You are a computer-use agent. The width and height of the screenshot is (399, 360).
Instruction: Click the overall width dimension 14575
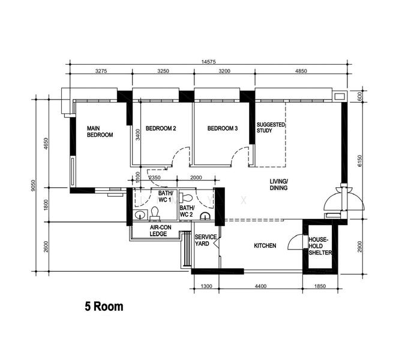pos(208,62)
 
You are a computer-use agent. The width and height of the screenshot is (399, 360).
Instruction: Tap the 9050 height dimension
pos(32,185)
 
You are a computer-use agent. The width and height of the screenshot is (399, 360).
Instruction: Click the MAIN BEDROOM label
pos(100,131)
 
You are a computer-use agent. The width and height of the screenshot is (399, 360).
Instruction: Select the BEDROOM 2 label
pos(161,128)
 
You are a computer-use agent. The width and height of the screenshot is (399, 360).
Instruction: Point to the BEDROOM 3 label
pos(223,128)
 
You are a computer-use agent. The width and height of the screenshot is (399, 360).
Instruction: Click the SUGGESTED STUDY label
pos(271,128)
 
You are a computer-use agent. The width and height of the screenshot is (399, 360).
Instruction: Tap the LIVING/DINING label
pos(278,185)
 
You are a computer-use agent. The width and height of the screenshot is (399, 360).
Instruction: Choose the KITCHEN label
pos(265,246)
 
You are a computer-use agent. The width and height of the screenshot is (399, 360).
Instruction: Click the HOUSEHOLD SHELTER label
pos(320,246)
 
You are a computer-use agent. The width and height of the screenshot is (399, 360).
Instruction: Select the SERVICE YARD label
pos(206,241)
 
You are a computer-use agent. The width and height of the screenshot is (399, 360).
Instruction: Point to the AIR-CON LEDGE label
pos(160,231)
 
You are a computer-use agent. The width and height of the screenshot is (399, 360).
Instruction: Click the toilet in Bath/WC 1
pos(155,213)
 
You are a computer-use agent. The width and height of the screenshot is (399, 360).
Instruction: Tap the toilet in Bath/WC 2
pos(186,197)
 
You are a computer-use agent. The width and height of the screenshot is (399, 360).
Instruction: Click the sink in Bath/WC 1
pos(140,215)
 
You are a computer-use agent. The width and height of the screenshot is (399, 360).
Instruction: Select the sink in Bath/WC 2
pos(205,216)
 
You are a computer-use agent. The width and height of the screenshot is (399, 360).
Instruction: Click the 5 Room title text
pos(104,307)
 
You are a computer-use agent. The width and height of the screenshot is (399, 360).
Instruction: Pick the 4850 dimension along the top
pos(301,71)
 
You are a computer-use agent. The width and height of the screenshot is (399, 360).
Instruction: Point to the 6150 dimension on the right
pos(359,161)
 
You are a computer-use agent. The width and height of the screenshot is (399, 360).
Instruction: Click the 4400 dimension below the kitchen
pos(260,286)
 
